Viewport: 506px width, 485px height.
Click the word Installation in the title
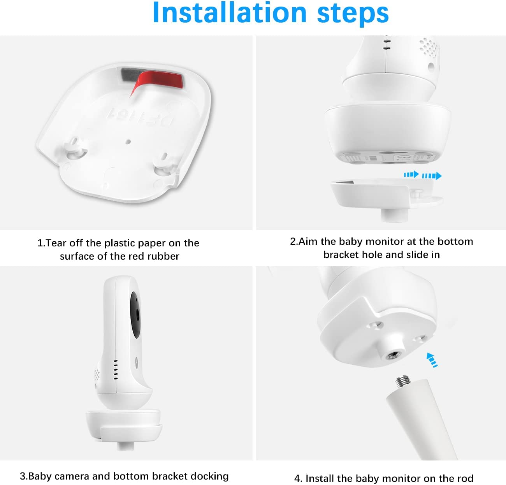230,13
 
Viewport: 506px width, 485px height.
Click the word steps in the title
353,14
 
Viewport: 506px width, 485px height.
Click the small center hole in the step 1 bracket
128,142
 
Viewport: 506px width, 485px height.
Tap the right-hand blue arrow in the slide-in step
432,176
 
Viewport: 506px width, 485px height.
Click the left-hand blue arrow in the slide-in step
411,174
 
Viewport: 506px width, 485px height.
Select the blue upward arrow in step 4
432,360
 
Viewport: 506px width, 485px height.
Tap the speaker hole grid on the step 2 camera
429,47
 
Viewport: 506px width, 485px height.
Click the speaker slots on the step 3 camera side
116,369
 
